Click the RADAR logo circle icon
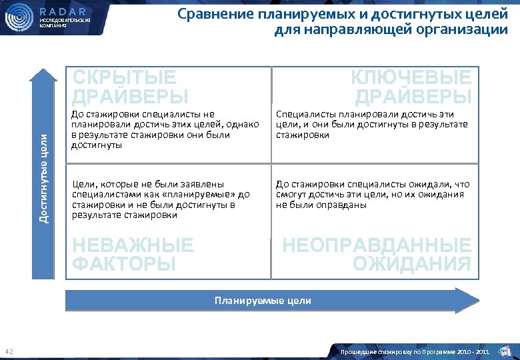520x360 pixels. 19,19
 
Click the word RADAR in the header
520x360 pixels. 63,11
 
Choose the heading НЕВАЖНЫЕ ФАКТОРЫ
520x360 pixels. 132,255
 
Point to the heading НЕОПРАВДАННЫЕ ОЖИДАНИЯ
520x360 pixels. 377,255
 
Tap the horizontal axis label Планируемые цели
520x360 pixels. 263,301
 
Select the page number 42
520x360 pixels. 9,351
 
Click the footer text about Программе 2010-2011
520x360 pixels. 416,351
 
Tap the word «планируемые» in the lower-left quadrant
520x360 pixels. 203,194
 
